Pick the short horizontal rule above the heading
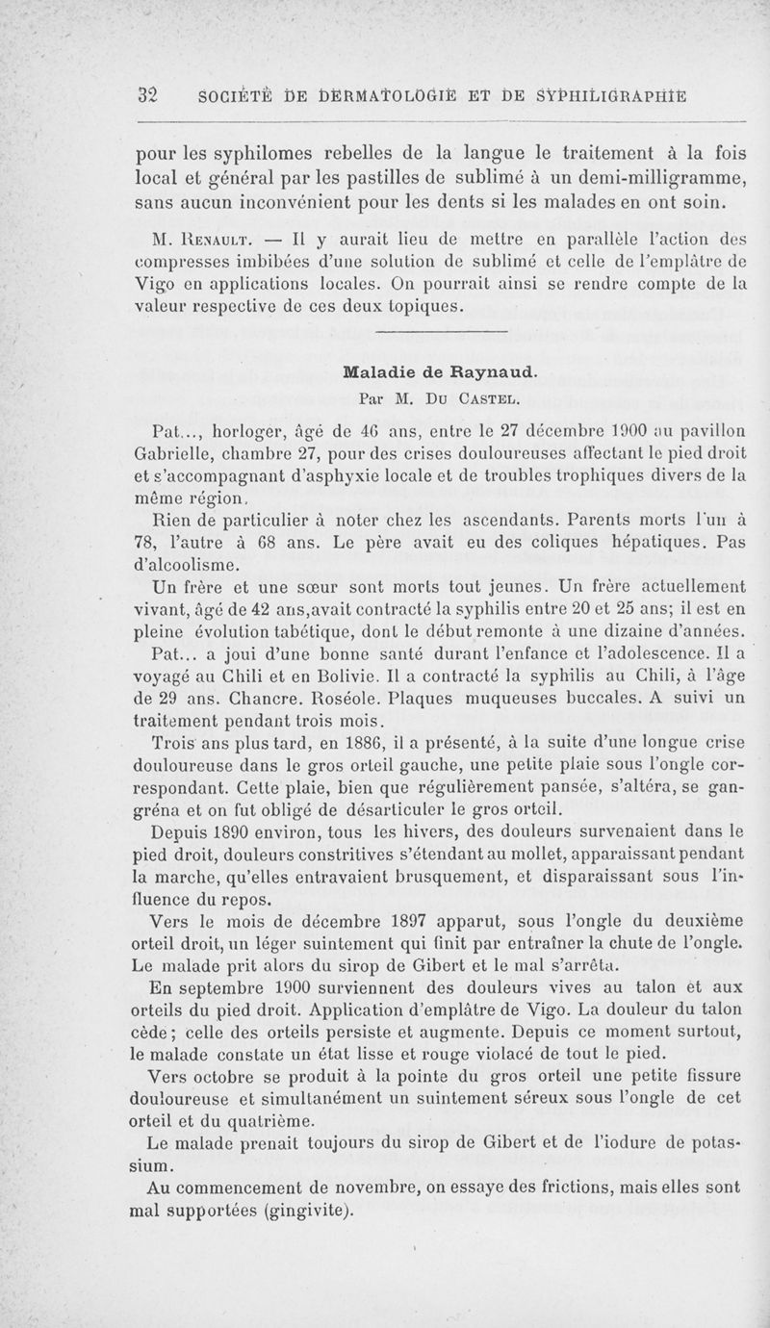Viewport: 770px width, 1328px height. [439, 332]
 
